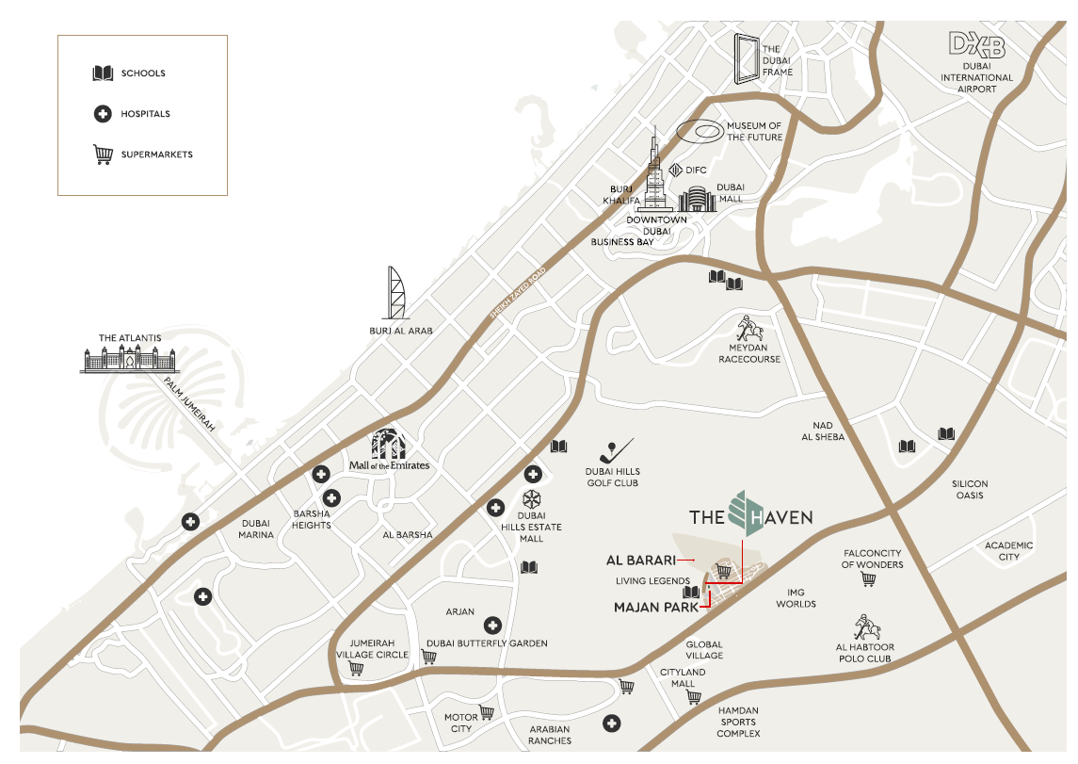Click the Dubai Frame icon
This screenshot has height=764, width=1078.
tap(748, 60)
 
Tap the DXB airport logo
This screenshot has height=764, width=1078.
tap(976, 45)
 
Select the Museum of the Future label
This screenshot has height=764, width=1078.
tap(753, 131)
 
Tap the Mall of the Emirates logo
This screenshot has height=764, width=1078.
tap(390, 450)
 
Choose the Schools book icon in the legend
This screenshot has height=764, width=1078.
tap(103, 73)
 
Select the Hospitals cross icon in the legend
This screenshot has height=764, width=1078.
tap(103, 114)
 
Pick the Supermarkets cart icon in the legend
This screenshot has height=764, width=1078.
tap(103, 154)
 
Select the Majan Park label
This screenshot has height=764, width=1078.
tap(654, 608)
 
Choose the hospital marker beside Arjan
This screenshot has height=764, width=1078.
tap(491, 626)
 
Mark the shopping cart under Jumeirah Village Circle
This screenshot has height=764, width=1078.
tap(356, 669)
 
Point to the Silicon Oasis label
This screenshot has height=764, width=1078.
tap(970, 489)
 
